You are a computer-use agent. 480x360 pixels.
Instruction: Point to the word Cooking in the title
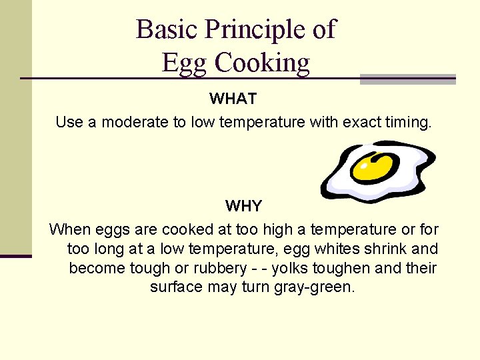pyautogui.click(x=262, y=63)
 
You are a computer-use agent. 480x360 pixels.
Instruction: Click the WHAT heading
pyautogui.click(x=233, y=99)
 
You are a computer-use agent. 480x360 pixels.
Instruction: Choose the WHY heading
pyautogui.click(x=243, y=206)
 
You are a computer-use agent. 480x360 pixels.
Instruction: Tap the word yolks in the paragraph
pyautogui.click(x=292, y=268)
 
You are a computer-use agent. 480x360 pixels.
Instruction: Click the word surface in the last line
pyautogui.click(x=175, y=287)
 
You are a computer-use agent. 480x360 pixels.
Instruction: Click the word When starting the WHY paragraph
pyautogui.click(x=70, y=230)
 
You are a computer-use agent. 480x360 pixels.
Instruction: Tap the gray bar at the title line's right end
pyautogui.click(x=407, y=79)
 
